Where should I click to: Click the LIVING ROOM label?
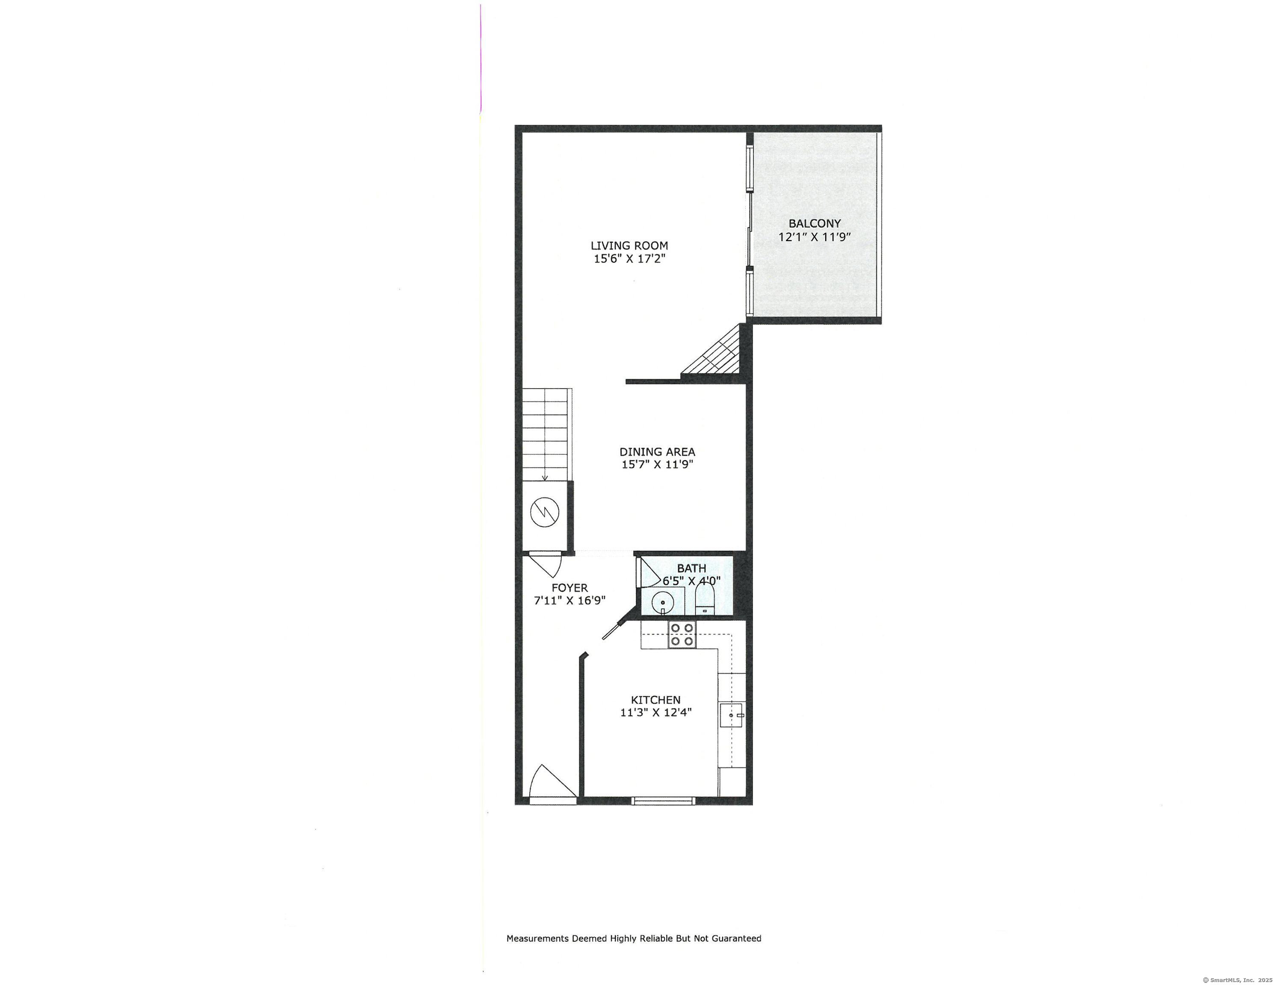point(629,246)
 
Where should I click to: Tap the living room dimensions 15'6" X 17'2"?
point(630,259)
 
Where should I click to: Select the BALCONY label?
point(815,223)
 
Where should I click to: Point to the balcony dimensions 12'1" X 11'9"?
point(815,236)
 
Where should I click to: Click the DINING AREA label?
point(657,451)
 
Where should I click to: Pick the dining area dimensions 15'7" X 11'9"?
point(657,465)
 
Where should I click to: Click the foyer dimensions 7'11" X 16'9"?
point(570,600)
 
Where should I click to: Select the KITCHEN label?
point(655,699)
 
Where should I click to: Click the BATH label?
point(692,568)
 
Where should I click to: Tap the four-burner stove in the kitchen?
point(682,634)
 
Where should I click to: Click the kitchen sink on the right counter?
point(731,715)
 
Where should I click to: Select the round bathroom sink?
point(663,602)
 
